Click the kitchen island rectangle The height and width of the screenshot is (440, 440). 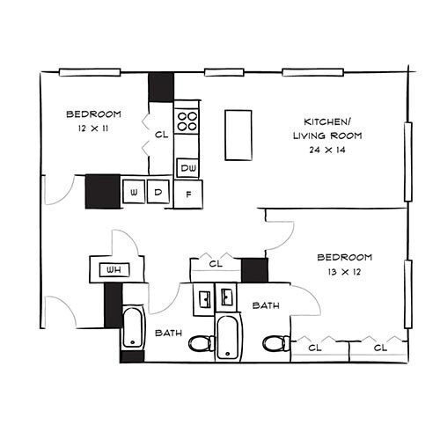click(x=238, y=135)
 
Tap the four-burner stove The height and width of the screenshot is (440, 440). click(x=186, y=121)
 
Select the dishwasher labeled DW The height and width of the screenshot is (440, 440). click(x=188, y=167)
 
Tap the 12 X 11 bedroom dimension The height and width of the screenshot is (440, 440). click(x=92, y=129)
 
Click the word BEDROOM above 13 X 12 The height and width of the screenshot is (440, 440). click(x=344, y=257)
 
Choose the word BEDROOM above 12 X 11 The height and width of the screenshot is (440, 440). click(x=93, y=114)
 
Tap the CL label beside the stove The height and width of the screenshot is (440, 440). click(x=161, y=136)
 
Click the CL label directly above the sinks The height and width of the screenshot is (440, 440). click(x=215, y=263)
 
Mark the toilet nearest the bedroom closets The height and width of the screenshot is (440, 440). click(x=275, y=342)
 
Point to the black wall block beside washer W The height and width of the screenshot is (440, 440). click(x=102, y=192)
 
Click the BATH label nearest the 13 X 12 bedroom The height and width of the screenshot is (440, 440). click(x=266, y=305)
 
